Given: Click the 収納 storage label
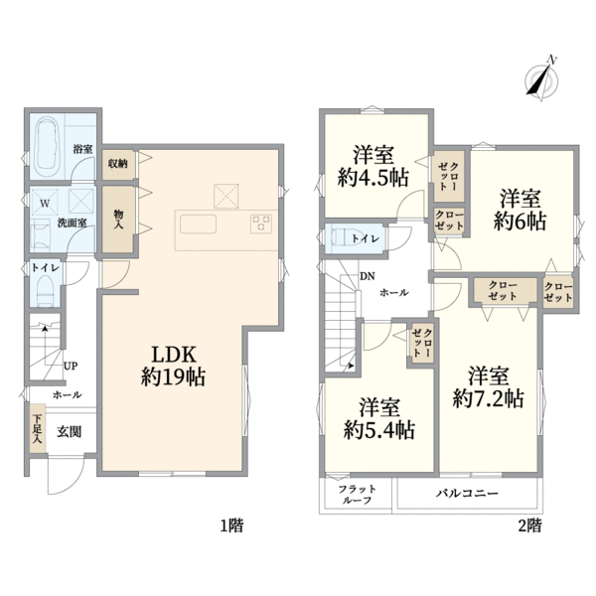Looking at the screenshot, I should (117, 163).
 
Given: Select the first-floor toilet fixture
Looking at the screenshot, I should (44, 289).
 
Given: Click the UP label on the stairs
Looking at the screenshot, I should (70, 366).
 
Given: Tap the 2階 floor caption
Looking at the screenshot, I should (528, 525).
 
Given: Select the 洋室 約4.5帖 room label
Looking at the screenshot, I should (373, 167).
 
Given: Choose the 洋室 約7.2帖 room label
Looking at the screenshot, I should (489, 386).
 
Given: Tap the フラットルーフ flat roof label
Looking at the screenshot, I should (356, 494).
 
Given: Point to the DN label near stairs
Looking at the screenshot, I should (368, 277).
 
